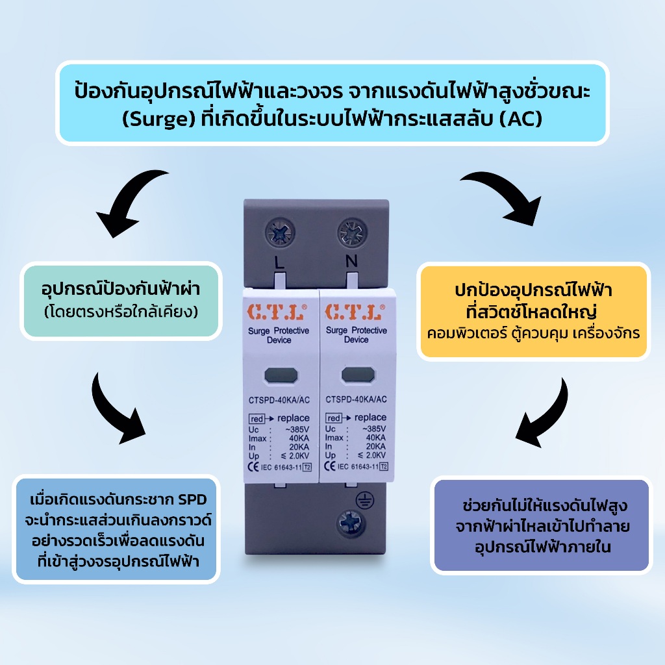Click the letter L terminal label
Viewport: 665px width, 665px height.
(x=279, y=262)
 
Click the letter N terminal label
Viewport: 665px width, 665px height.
(x=351, y=261)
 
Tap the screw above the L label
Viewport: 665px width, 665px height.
(x=280, y=232)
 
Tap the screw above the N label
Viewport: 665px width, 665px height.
(x=352, y=232)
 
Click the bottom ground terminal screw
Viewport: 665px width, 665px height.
(x=350, y=523)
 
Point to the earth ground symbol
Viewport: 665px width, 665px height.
(x=364, y=501)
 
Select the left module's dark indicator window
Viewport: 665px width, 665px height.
(x=281, y=375)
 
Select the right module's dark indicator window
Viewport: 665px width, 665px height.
(x=358, y=375)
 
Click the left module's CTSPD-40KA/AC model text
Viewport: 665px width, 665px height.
(x=279, y=400)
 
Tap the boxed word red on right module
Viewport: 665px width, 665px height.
(x=334, y=418)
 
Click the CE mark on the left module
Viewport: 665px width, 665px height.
(x=253, y=467)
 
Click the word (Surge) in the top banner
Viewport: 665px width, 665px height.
(x=159, y=119)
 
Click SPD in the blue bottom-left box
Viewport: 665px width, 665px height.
(x=192, y=499)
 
